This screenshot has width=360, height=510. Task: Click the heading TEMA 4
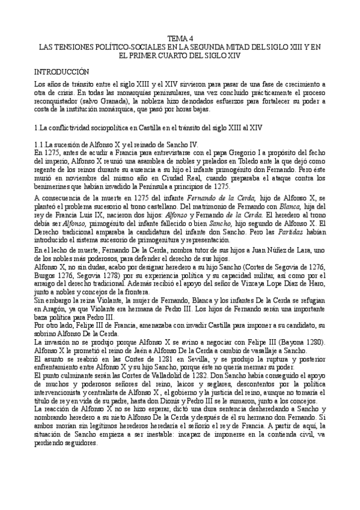point(180,37)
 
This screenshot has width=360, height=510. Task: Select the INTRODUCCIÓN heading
point(63,71)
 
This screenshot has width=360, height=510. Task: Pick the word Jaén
point(130,351)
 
